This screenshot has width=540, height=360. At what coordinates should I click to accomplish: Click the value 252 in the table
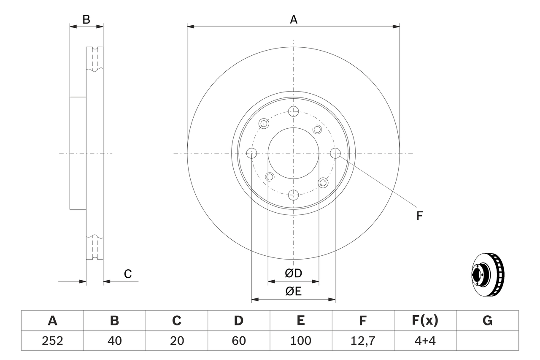[52, 341]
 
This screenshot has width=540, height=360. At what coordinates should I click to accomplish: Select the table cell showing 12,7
[362, 341]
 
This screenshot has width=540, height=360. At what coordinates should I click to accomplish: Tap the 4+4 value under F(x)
[425, 341]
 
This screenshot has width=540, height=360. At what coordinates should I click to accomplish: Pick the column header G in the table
[487, 321]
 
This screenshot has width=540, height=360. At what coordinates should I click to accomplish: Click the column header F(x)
[425, 321]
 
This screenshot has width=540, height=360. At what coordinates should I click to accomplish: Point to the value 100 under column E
[300, 341]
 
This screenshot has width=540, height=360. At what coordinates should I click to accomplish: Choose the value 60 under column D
[238, 341]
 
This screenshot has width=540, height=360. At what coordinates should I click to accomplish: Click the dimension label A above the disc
[294, 19]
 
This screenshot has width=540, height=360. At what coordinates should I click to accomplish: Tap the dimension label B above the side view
[86, 19]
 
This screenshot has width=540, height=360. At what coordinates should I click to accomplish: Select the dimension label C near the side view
[128, 274]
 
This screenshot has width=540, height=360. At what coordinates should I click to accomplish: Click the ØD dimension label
[294, 273]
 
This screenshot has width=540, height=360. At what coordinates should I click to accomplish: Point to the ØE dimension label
[294, 291]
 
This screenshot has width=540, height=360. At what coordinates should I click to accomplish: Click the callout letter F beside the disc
[419, 216]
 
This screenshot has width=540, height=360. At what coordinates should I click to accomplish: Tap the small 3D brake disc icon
[488, 274]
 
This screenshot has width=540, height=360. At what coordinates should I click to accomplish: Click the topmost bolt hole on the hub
[293, 111]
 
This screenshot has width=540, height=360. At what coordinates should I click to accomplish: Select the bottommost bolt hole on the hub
[293, 195]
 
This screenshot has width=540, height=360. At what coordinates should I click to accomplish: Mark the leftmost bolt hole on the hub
[251, 153]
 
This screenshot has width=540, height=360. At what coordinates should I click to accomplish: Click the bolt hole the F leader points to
[335, 153]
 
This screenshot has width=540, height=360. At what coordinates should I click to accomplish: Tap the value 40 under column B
[114, 341]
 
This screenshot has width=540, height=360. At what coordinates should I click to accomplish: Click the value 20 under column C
[176, 341]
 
